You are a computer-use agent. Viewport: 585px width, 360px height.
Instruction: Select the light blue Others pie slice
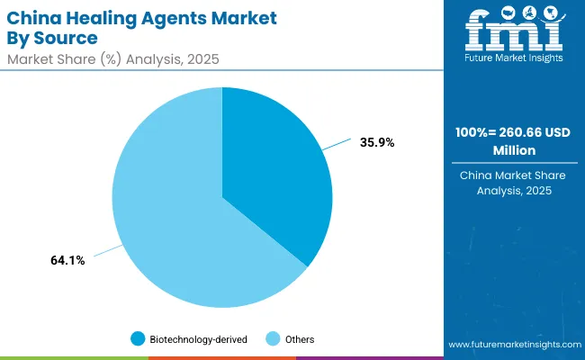click(171, 207)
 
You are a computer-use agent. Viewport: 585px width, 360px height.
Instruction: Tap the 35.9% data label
click(376, 141)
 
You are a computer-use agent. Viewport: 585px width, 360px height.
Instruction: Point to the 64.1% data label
click(67, 261)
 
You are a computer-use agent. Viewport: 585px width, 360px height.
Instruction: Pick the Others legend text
click(299, 338)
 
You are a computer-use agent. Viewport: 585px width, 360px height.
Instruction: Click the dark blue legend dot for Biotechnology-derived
click(137, 338)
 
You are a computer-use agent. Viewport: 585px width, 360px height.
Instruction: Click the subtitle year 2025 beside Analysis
click(202, 59)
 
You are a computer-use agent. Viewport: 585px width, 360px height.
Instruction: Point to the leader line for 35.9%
click(338, 147)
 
